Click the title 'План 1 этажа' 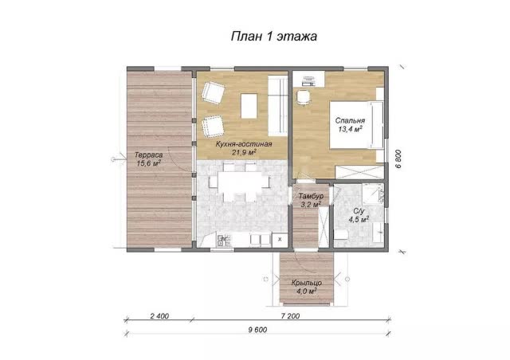pos(274,36)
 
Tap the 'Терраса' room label pos(148,155)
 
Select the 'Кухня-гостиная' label pos(244,144)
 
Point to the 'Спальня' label pos(350,120)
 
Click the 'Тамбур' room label pos(311,197)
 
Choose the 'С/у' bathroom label pos(358,211)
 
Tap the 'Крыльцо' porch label pos(307,283)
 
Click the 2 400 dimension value pos(159,316)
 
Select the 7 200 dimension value pos(290,316)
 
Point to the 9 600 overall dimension pos(257,330)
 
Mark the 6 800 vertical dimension pos(398,158)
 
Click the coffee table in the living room pos(249,106)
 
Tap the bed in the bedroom pos(357,125)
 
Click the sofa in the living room pos(278,106)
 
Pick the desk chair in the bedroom pos(303,97)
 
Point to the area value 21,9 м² pos(244,152)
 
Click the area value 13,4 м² pos(350,129)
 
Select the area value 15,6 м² pos(149,163)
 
